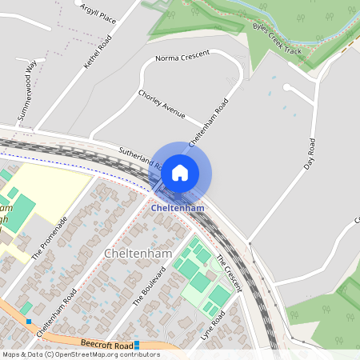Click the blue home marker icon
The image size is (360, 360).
click(x=180, y=172)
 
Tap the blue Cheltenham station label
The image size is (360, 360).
click(x=178, y=208)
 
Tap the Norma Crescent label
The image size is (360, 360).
click(x=182, y=57)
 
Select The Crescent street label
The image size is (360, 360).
click(x=229, y=272)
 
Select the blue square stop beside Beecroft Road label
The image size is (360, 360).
click(x=137, y=345)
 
